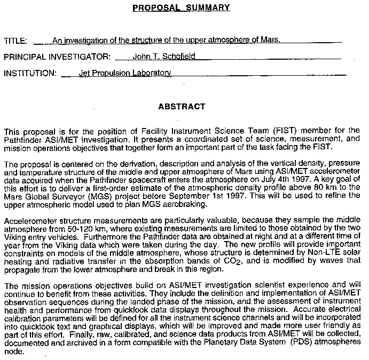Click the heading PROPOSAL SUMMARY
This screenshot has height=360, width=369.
(181, 7)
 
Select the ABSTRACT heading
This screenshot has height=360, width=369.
(182, 107)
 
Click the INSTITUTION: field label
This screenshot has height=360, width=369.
(30, 73)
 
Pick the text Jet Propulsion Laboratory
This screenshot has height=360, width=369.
(124, 73)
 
